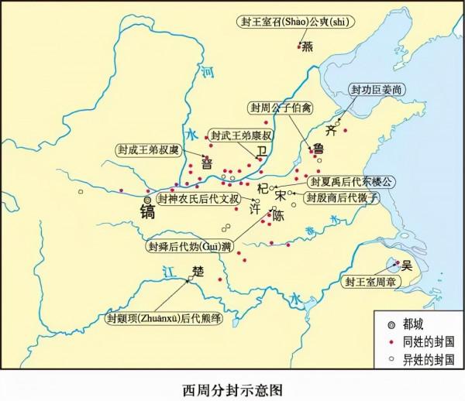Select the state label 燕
308,46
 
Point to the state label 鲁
318,149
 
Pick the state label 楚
197,272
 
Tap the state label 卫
261,150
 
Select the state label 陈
277,216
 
